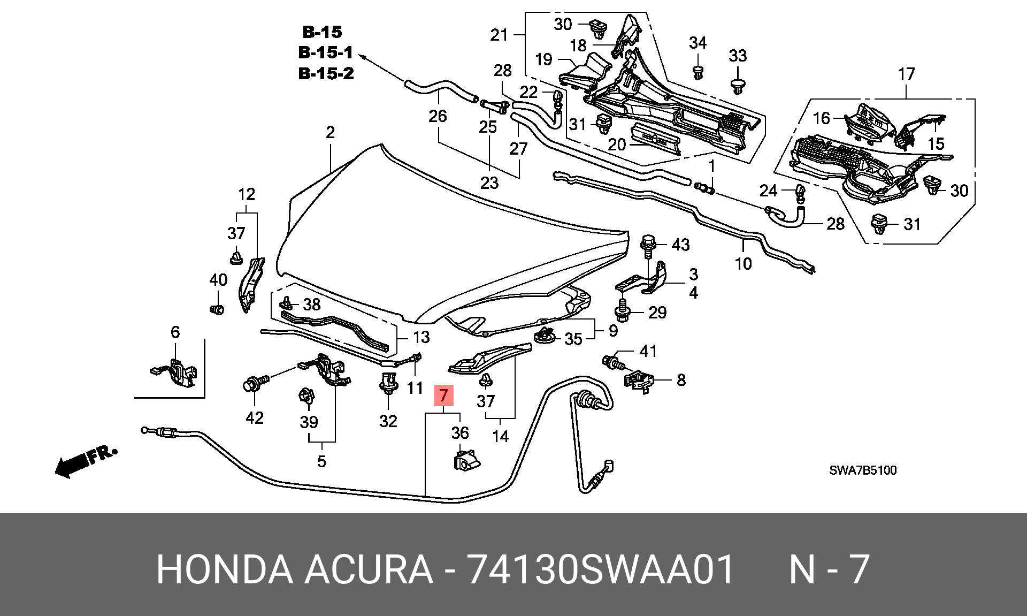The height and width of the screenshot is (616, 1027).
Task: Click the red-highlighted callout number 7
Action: [443, 396]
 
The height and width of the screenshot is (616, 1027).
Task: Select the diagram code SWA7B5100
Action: [863, 470]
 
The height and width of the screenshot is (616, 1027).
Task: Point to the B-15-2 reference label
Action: [326, 73]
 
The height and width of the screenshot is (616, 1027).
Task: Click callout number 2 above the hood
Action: [330, 132]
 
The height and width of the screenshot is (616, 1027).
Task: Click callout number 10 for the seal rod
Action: [744, 263]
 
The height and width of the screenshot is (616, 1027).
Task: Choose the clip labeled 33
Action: [738, 86]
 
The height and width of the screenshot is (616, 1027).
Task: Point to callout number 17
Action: [906, 74]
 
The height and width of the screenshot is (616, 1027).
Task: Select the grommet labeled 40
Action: [217, 309]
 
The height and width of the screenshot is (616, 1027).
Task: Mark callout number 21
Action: [499, 35]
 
